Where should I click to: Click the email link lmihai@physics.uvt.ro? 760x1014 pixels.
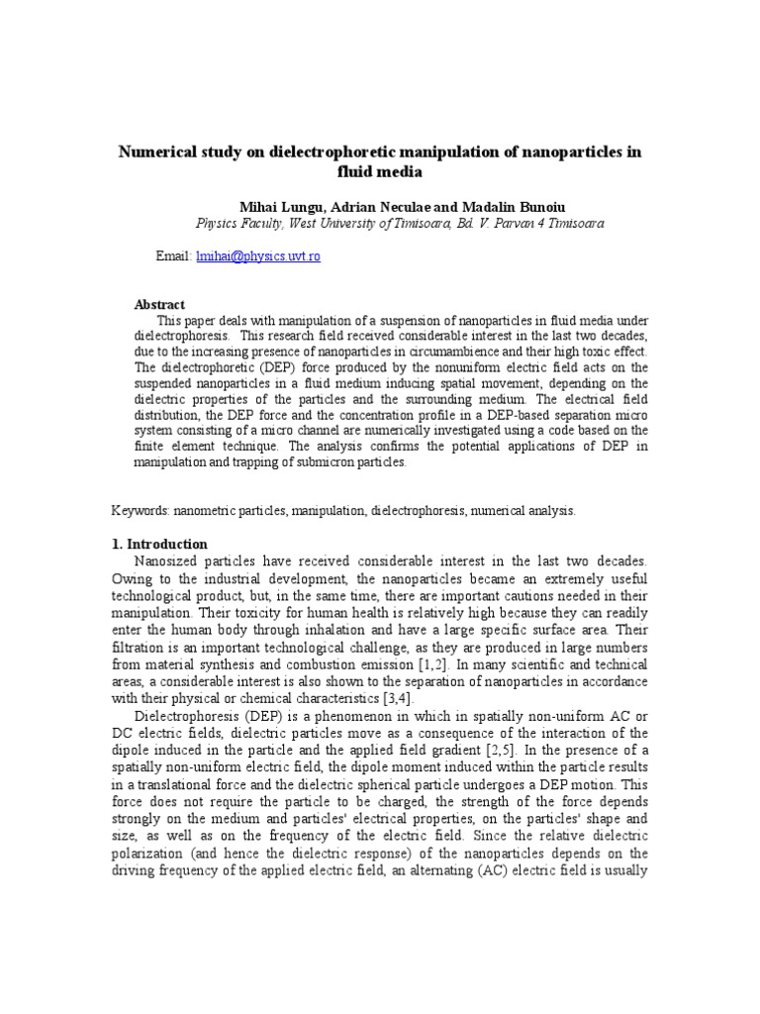pyautogui.click(x=258, y=256)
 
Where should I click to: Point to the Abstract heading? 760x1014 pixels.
pyautogui.click(x=159, y=304)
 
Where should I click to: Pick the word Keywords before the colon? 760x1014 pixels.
pyautogui.click(x=140, y=510)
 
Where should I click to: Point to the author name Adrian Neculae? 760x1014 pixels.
pyautogui.click(x=376, y=206)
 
